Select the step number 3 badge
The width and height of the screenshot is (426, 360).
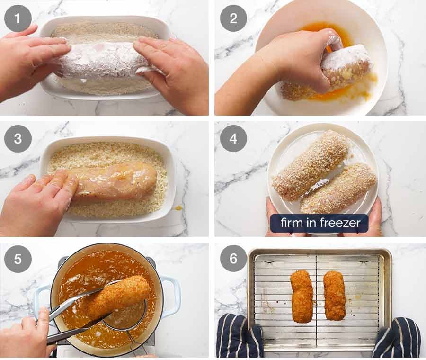click(x=18, y=138)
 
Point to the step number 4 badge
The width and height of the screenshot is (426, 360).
click(x=233, y=138)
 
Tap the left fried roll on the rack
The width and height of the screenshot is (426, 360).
click(x=302, y=296)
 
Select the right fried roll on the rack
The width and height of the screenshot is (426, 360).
click(x=335, y=295)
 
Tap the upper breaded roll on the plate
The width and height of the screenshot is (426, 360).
click(x=310, y=164)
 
